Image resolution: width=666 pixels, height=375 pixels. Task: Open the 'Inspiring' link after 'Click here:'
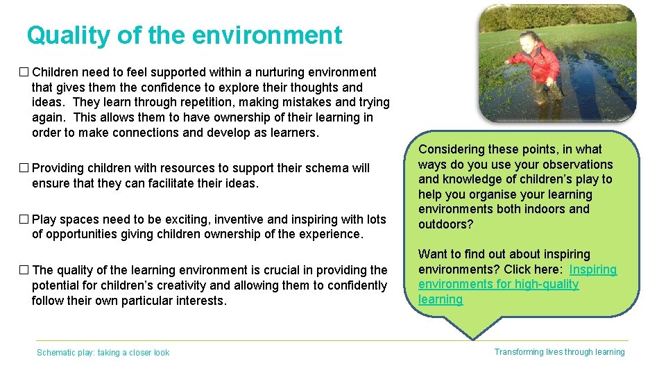coord(593,269)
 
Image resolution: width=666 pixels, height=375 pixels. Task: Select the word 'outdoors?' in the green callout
coord(446,224)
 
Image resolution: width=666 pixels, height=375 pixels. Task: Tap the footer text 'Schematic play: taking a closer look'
coord(103,353)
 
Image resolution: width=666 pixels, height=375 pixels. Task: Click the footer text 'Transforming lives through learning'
coord(559,352)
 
